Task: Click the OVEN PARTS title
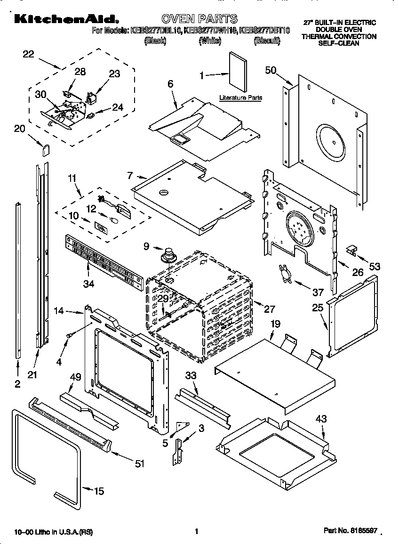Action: pyautogui.click(x=199, y=19)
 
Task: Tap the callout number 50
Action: pyautogui.click(x=271, y=70)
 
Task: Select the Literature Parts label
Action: pyautogui.click(x=240, y=98)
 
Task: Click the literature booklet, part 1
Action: pyautogui.click(x=238, y=71)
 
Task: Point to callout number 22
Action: pyautogui.click(x=29, y=54)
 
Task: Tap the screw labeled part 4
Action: pyautogui.click(x=70, y=334)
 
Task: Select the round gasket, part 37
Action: pyautogui.click(x=284, y=274)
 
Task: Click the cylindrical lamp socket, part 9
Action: pyautogui.click(x=167, y=256)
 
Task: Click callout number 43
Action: pyautogui.click(x=321, y=418)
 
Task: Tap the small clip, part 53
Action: pyautogui.click(x=351, y=249)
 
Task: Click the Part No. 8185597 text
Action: pyautogui.click(x=350, y=531)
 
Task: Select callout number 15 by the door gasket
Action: pyautogui.click(x=99, y=491)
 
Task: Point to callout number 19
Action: pyautogui.click(x=275, y=324)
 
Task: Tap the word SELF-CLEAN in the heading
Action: pyautogui.click(x=339, y=43)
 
